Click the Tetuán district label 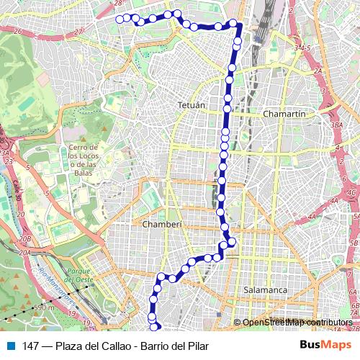click(192, 105)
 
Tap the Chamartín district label click(286, 114)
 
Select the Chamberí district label click(163, 224)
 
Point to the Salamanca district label click(266, 289)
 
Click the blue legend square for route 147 click(8, 346)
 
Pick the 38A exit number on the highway click(336, 125)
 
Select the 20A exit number click(26, 252)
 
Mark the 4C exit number click(351, 193)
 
